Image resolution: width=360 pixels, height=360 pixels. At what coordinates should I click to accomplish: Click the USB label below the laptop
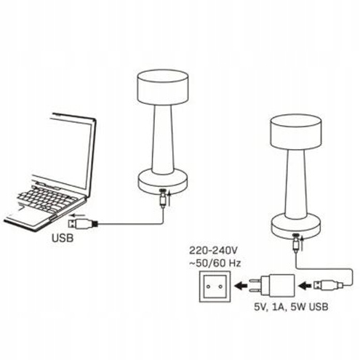click(63, 238)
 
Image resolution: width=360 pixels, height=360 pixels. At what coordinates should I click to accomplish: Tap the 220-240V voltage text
click(214, 250)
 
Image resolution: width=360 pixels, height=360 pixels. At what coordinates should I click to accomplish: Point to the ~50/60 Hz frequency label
click(215, 263)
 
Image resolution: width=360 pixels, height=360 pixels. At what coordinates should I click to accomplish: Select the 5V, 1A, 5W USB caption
click(291, 307)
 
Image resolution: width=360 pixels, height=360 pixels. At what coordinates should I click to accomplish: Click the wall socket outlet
click(215, 287)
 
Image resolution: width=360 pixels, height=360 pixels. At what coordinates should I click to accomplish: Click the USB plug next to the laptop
click(82, 223)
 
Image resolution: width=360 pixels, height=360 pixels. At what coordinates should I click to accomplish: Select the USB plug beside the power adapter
click(328, 285)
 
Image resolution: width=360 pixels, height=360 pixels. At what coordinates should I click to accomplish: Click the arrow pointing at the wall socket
click(241, 286)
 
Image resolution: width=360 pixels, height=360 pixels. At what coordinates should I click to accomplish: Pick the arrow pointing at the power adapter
click(305, 286)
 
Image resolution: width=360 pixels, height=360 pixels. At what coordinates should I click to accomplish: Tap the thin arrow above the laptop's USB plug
click(77, 215)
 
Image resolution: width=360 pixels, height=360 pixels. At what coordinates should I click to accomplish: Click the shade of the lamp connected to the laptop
click(163, 87)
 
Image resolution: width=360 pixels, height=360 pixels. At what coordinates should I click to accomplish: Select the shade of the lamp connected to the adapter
click(296, 132)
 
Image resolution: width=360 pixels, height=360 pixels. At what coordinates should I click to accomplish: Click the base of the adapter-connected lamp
click(296, 226)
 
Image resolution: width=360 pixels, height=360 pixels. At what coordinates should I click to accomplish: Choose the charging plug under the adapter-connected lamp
click(295, 244)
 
